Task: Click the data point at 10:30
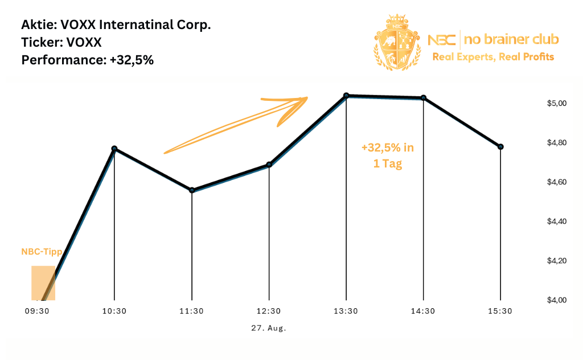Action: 114,149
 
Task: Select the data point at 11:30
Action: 192,190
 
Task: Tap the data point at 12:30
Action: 269,165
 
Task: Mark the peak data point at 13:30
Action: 346,96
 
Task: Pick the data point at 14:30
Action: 423,98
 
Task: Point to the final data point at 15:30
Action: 500,147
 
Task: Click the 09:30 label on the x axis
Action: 37,312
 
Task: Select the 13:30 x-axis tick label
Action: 346,312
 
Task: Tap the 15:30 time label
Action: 500,312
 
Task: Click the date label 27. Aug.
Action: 269,329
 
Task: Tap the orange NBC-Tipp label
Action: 42,252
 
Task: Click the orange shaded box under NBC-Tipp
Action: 43,283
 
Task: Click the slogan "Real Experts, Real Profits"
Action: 493,57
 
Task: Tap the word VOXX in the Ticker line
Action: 80,43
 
